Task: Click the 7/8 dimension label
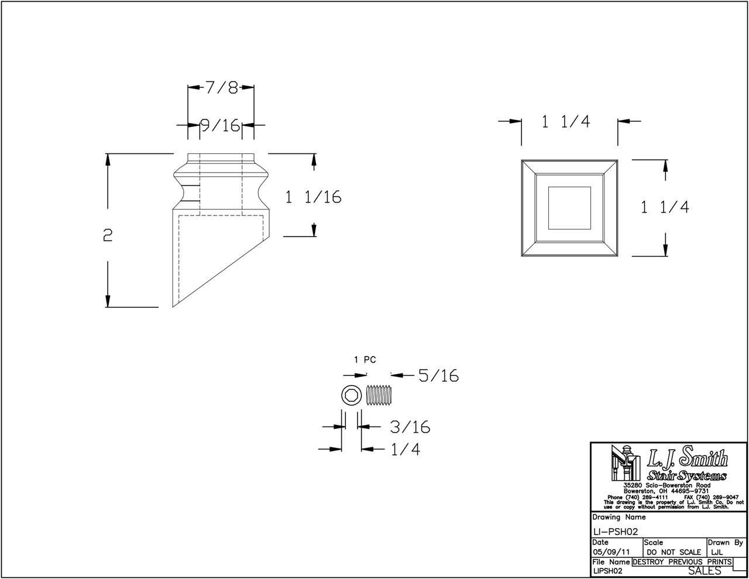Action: [x=221, y=88]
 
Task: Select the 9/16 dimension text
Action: [x=220, y=125]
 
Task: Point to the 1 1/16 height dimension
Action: [x=313, y=197]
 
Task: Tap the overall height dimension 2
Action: [x=107, y=235]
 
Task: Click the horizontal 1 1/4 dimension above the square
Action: [x=565, y=122]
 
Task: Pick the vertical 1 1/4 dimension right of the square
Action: [x=665, y=207]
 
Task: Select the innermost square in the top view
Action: [x=569, y=207]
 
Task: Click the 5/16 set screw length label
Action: [x=437, y=376]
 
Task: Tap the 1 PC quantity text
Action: [x=365, y=361]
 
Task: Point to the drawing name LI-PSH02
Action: [x=614, y=531]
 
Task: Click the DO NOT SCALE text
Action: [x=674, y=552]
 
